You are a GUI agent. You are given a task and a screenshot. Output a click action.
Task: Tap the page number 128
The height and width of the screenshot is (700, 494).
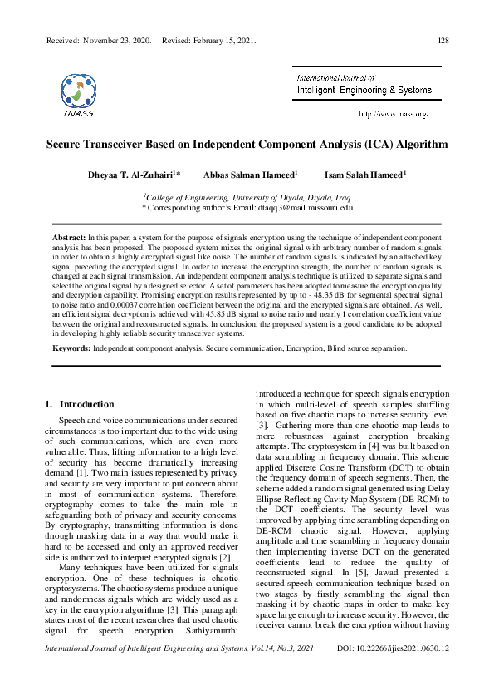[x=443, y=41]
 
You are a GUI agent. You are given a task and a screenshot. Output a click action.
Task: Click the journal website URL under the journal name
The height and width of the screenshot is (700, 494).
[x=392, y=113]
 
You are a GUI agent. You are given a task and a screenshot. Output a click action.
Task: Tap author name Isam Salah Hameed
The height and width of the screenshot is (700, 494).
[x=365, y=175]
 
